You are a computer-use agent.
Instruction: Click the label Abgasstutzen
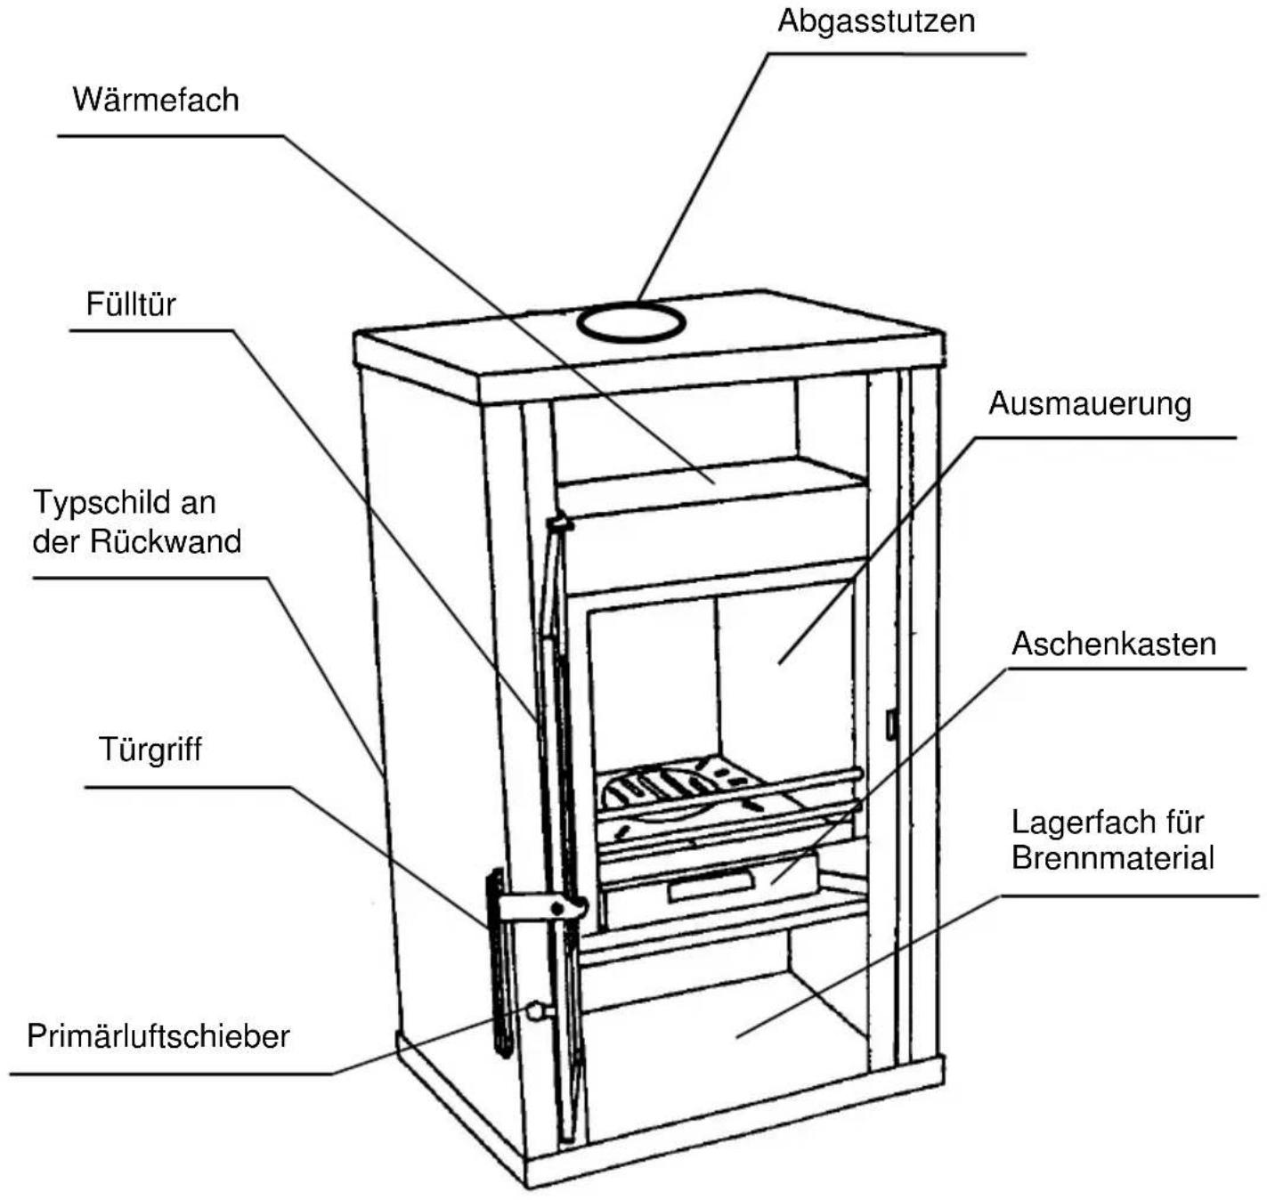click(x=876, y=20)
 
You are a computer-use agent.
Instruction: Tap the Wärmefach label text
click(x=156, y=99)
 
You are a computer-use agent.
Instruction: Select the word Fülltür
click(x=131, y=304)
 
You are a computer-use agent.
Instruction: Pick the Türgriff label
click(x=150, y=750)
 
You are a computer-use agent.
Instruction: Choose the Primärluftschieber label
click(x=158, y=1036)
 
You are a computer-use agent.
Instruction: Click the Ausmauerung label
click(x=1089, y=403)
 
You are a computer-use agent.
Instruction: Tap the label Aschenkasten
click(x=1113, y=644)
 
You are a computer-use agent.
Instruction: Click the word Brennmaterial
click(x=1112, y=858)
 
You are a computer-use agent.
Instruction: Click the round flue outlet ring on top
click(x=629, y=321)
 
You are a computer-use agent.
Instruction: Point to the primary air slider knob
click(x=537, y=1010)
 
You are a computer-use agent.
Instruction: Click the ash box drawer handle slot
click(x=710, y=884)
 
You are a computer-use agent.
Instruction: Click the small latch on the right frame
click(x=889, y=725)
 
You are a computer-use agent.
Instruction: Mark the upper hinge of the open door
click(x=561, y=524)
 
